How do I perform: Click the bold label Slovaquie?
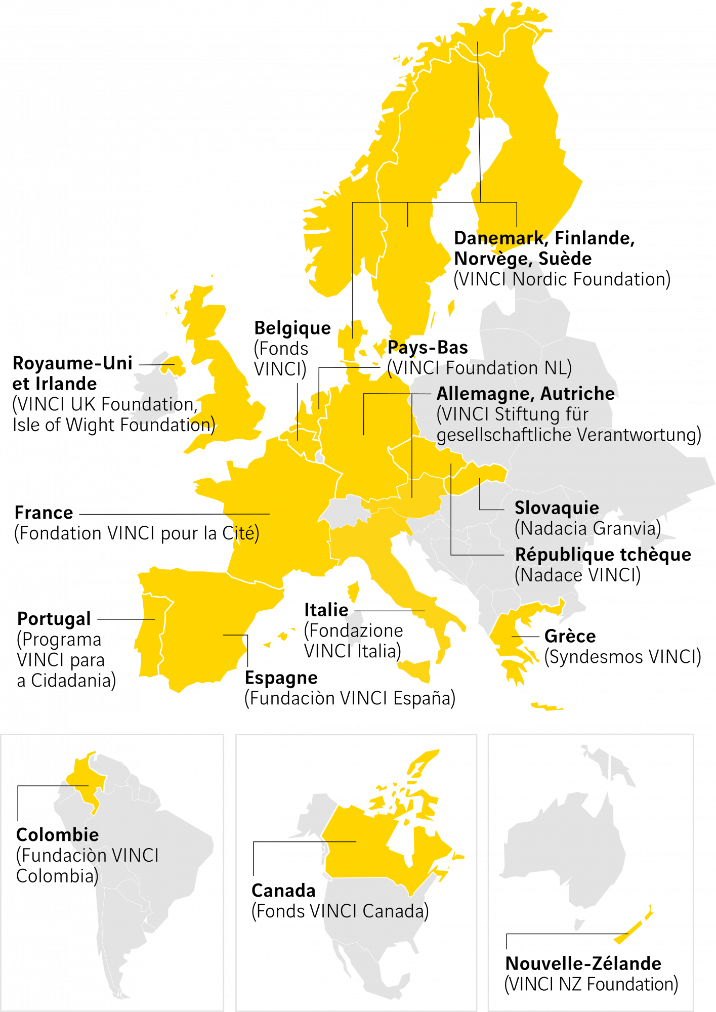click(x=557, y=508)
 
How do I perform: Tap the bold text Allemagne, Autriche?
click(x=525, y=393)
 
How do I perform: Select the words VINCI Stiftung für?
click(x=512, y=414)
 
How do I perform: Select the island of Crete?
click(x=546, y=706)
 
